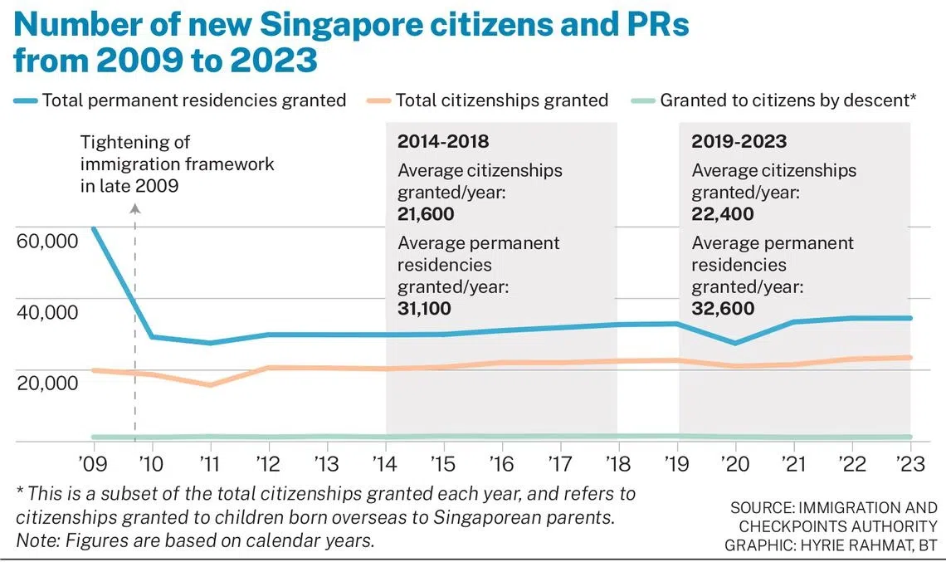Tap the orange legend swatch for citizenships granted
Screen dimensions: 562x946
[x=378, y=101]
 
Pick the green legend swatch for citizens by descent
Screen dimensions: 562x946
[x=642, y=101]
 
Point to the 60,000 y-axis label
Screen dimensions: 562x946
[x=47, y=242]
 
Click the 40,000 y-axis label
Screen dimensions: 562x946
[x=47, y=312]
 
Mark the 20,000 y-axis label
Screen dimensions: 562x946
[x=47, y=383]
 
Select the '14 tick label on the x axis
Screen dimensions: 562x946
[x=386, y=462]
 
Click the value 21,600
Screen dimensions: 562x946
[x=426, y=214]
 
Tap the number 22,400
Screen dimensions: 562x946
[x=723, y=214]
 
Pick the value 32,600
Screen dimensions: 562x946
[x=723, y=309]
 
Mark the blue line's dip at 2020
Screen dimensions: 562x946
[x=735, y=343]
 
